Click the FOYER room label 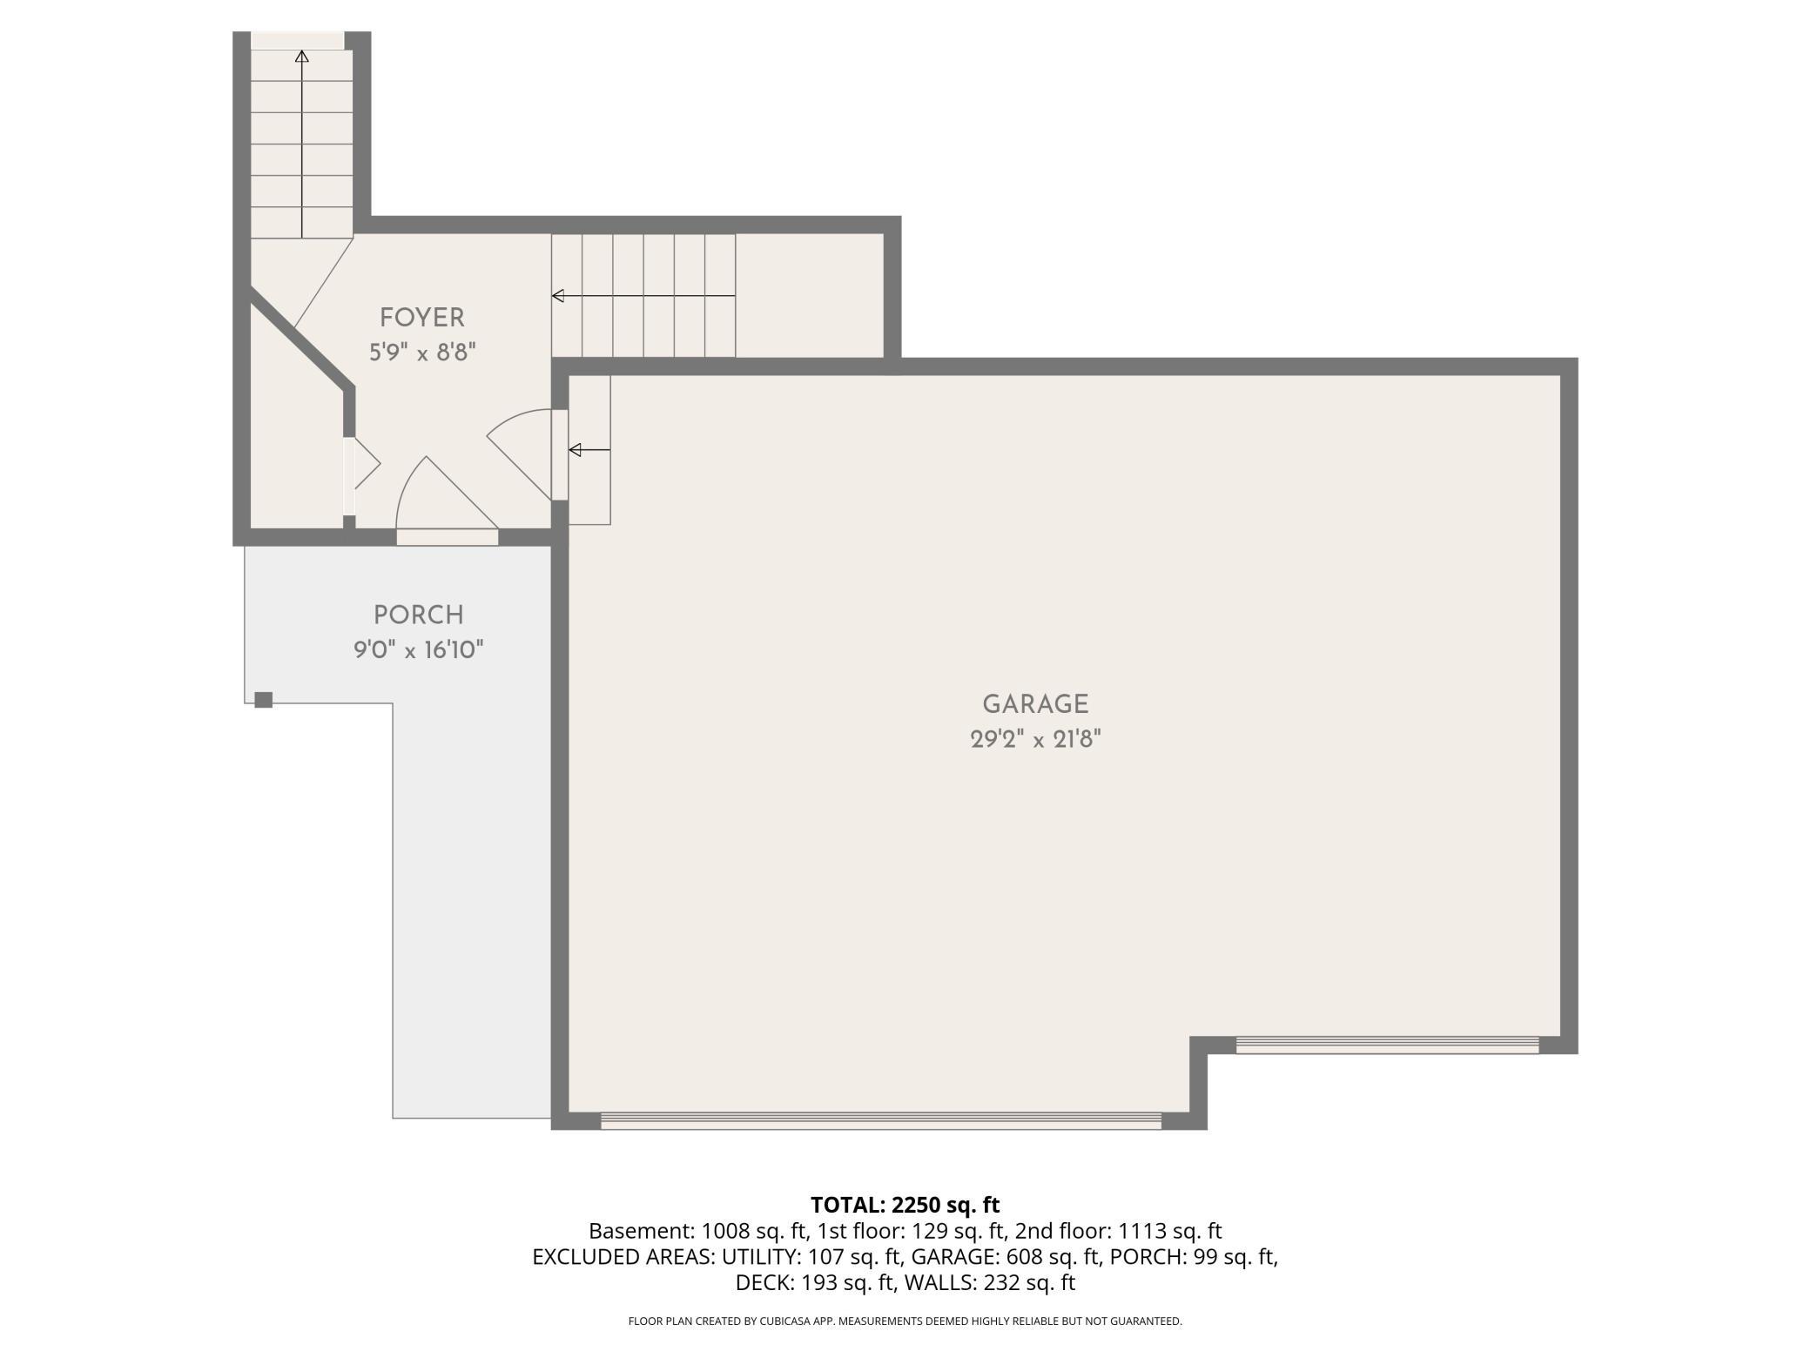(x=421, y=318)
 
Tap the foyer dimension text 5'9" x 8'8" (x=422, y=353)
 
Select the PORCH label (x=418, y=615)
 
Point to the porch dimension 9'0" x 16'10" (x=418, y=650)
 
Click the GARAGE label (x=1035, y=704)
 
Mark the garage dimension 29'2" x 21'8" (x=1035, y=740)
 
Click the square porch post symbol (x=264, y=699)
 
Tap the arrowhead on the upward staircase (x=302, y=57)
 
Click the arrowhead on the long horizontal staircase (x=558, y=296)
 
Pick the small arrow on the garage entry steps (x=589, y=450)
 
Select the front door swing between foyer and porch (x=446, y=493)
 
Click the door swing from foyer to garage (x=520, y=454)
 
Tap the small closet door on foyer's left (x=367, y=464)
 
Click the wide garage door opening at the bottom (x=881, y=1121)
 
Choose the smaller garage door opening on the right (x=1388, y=1045)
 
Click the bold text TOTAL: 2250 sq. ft (x=905, y=1206)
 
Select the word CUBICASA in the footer (x=782, y=1321)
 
